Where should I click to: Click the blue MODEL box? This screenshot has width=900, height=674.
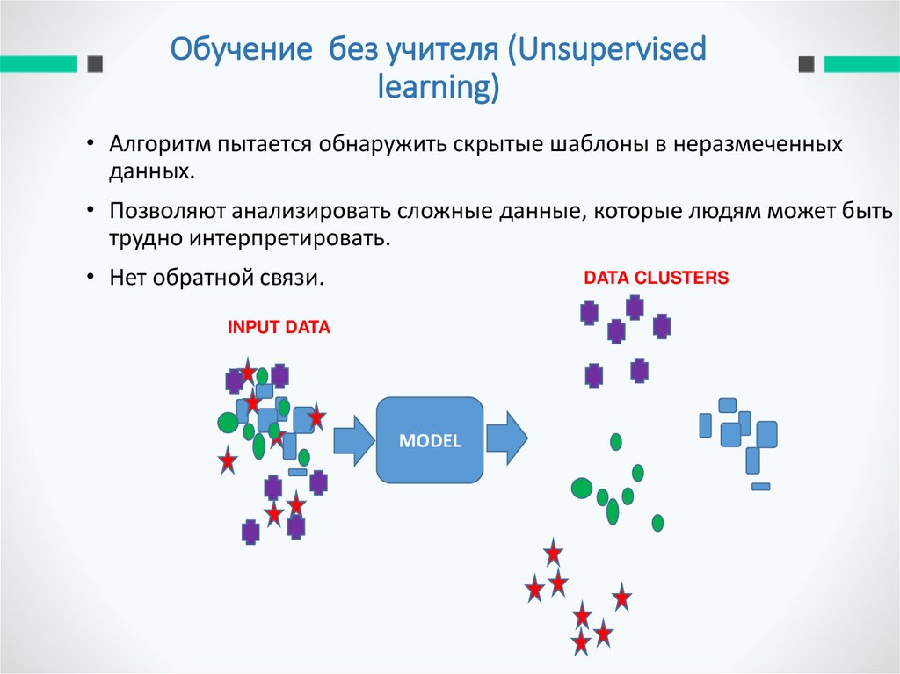(430, 439)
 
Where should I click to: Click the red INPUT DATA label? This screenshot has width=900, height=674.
(279, 328)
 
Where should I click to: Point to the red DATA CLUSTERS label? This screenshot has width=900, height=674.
(657, 279)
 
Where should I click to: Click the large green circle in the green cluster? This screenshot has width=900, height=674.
(581, 488)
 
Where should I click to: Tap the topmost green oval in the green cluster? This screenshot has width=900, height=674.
(616, 441)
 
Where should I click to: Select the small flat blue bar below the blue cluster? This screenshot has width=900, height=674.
(760, 486)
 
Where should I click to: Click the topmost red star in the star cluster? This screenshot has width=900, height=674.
(553, 553)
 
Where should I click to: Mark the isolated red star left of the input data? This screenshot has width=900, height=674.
(228, 460)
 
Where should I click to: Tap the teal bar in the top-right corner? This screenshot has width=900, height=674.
(860, 64)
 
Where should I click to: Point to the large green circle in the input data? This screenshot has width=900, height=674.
(228, 423)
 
